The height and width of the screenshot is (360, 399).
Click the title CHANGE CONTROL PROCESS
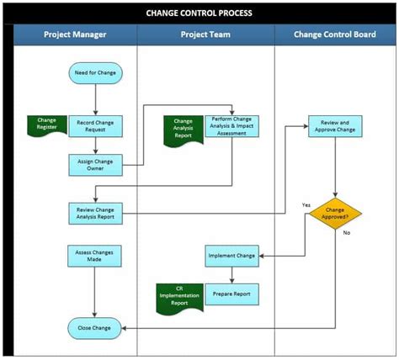(x=199, y=13)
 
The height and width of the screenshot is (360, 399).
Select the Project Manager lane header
(x=74, y=34)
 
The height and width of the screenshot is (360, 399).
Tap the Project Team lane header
(x=205, y=34)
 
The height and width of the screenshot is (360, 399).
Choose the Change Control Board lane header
(x=335, y=34)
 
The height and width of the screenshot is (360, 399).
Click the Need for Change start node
(x=96, y=74)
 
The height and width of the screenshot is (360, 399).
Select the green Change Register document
(x=46, y=125)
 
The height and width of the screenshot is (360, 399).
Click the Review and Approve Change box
(x=337, y=126)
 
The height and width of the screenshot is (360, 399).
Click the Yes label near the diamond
(x=306, y=204)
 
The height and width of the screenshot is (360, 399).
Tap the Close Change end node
(x=95, y=327)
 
